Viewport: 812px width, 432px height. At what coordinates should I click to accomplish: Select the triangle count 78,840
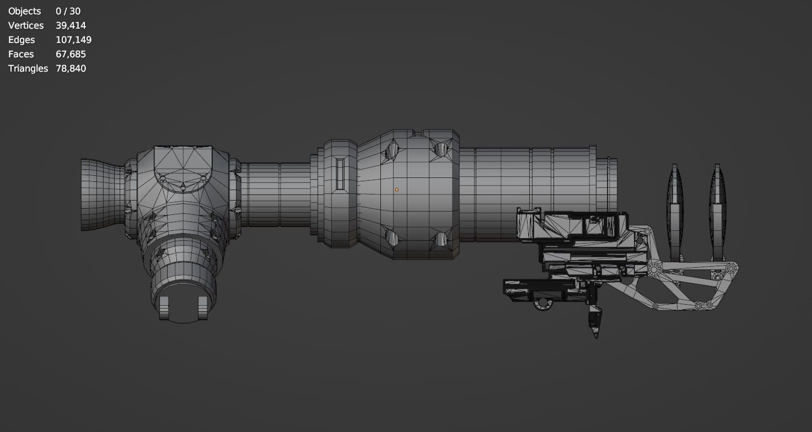[x=71, y=68]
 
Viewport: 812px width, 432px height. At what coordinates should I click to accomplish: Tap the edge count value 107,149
[x=73, y=40]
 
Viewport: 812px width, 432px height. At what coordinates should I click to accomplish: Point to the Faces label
[x=21, y=54]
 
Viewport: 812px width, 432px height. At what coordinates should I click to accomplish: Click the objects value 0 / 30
[x=68, y=11]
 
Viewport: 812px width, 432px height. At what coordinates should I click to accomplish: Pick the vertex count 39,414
[x=71, y=25]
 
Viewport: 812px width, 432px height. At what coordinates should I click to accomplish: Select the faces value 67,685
[x=71, y=54]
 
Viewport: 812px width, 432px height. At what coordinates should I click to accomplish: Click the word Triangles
[x=28, y=68]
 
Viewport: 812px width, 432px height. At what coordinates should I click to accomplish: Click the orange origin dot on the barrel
[x=396, y=190]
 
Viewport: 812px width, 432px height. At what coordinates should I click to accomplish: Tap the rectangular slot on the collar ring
[x=340, y=176]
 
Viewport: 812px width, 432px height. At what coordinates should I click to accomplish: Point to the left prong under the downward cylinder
[x=164, y=307]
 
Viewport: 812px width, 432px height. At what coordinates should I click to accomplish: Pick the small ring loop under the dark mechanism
[x=544, y=304]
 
